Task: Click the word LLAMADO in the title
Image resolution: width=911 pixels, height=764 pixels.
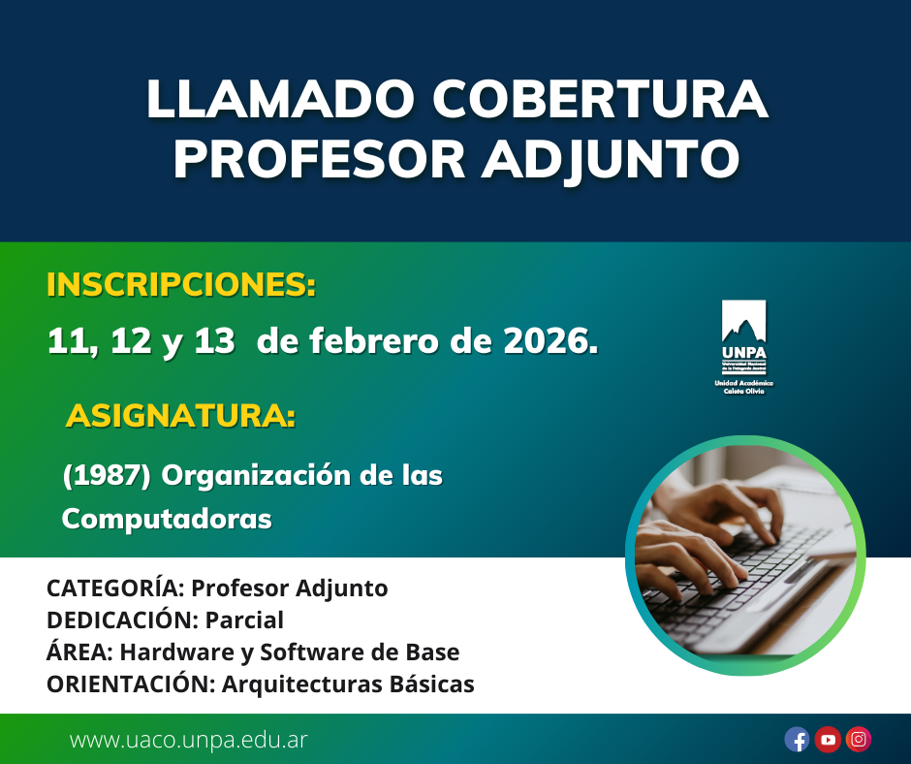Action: (279, 99)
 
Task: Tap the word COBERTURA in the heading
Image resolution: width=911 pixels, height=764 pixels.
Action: (600, 99)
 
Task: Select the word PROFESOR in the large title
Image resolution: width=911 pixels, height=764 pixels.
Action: (320, 158)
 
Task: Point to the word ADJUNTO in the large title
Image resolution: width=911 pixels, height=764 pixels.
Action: (611, 159)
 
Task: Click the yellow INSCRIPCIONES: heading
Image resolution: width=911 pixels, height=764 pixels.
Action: (181, 284)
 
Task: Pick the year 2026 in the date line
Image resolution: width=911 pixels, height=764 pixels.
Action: (550, 340)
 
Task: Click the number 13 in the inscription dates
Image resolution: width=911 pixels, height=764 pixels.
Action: (214, 340)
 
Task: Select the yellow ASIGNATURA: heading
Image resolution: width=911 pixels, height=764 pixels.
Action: (180, 415)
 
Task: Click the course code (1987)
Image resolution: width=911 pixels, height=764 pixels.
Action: (107, 475)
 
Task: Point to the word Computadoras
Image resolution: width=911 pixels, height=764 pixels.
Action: (167, 518)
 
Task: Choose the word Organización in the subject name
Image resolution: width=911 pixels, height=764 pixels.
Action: (256, 476)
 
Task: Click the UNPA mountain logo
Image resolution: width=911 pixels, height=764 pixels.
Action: (743, 347)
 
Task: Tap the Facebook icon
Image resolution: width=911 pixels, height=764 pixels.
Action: (797, 739)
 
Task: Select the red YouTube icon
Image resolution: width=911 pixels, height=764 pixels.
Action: (828, 739)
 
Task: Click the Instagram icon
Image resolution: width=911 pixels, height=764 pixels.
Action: (859, 739)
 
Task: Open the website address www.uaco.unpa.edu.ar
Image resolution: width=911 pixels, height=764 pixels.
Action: (188, 740)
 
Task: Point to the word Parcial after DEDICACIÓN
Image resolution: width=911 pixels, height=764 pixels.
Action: (244, 620)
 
